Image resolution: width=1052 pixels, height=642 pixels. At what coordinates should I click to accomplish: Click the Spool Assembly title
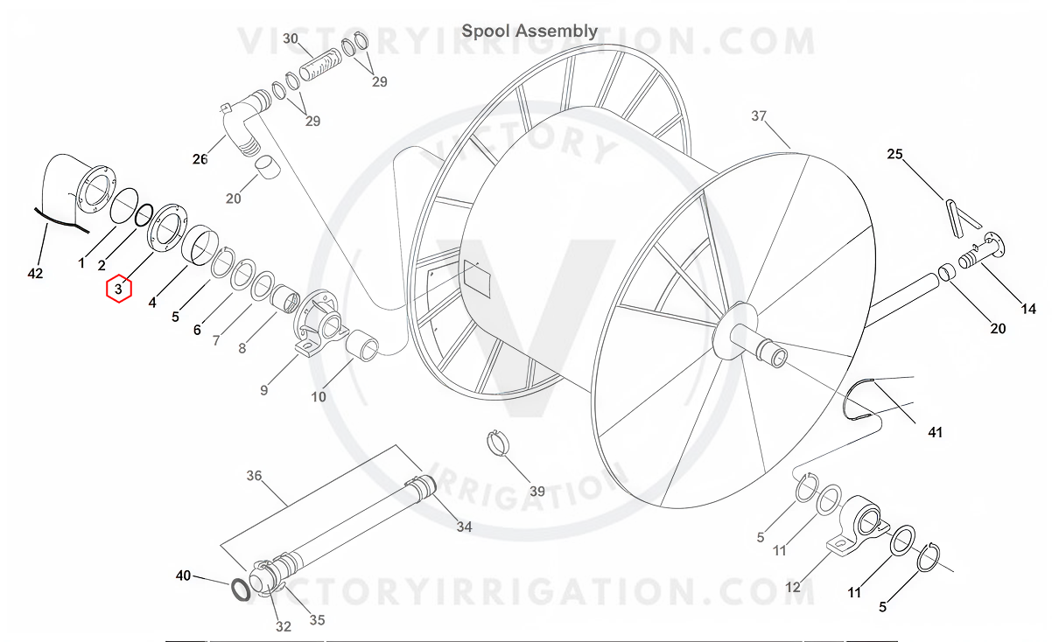[530, 31]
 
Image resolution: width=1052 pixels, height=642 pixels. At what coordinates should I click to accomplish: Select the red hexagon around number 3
[119, 288]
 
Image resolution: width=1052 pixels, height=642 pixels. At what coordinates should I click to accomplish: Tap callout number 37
[759, 116]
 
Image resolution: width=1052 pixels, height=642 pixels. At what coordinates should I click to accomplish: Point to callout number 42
[36, 274]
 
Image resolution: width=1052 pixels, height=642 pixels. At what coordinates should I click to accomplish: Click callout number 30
[291, 38]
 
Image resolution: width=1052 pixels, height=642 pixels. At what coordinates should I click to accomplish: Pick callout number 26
[200, 158]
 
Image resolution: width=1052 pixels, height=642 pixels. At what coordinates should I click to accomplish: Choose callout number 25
[894, 155]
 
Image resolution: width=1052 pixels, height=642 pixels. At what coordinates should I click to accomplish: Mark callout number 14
[1028, 309]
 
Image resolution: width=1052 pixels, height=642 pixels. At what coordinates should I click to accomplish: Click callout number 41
[936, 432]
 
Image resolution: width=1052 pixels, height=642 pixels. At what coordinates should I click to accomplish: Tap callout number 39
[537, 492]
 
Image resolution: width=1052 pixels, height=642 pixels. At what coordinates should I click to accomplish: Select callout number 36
[254, 476]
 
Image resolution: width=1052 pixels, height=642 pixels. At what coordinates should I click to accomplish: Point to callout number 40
[183, 576]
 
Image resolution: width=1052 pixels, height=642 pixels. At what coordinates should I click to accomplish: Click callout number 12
[793, 587]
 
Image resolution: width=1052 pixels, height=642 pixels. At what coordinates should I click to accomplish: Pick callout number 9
[263, 390]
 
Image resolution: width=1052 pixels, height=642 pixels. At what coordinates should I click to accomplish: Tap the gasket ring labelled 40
[239, 590]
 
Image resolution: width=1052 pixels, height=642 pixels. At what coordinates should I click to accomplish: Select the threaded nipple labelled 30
[319, 65]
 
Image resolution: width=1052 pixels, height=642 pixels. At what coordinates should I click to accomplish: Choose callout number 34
[464, 527]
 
